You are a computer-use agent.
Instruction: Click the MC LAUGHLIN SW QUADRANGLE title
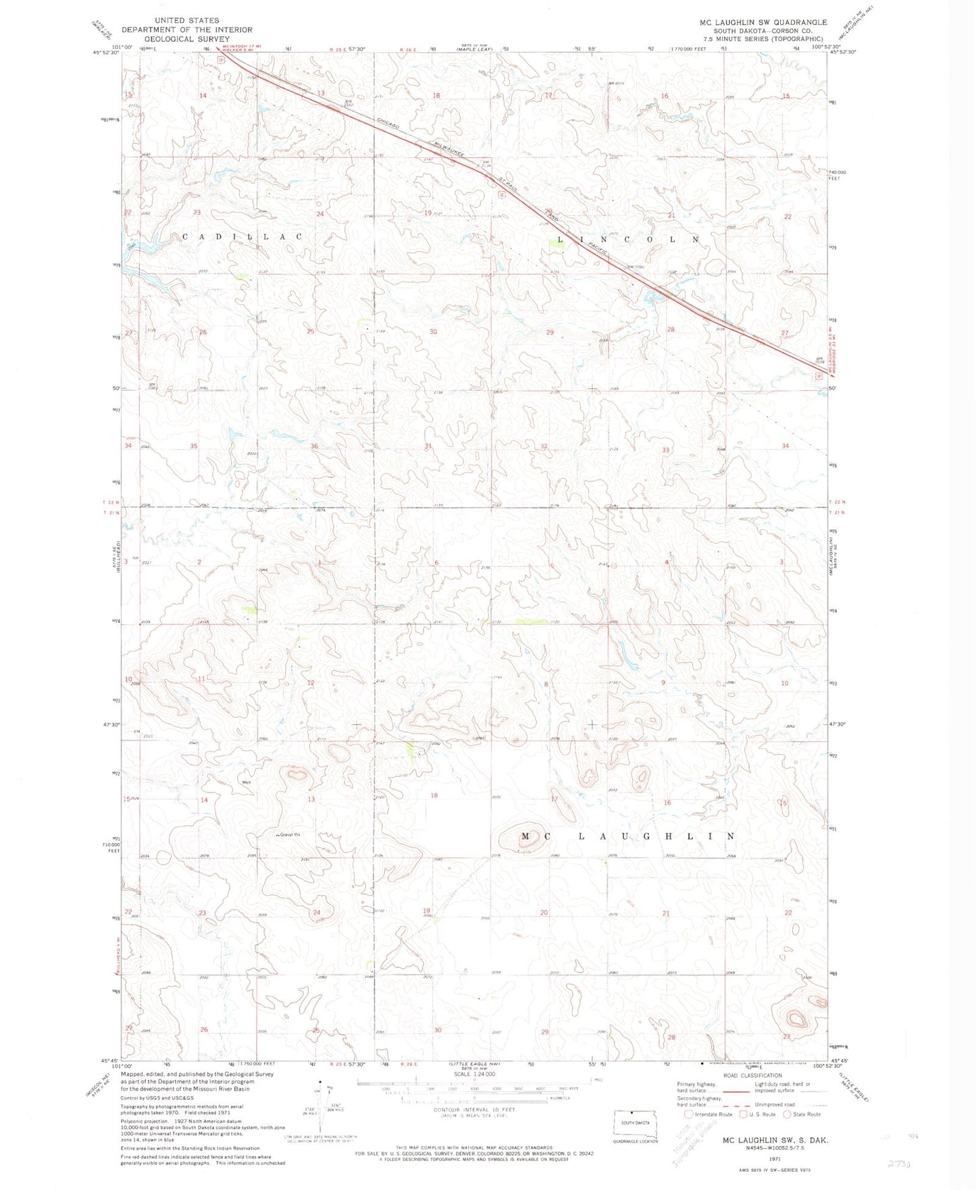click(763, 22)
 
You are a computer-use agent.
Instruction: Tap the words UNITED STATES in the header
click(186, 21)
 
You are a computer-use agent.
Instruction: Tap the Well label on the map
click(247, 782)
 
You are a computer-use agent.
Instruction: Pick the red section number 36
click(314, 446)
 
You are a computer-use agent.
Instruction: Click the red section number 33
click(666, 450)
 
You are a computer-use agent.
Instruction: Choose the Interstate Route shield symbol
click(689, 1114)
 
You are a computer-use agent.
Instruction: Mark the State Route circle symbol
click(788, 1114)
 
